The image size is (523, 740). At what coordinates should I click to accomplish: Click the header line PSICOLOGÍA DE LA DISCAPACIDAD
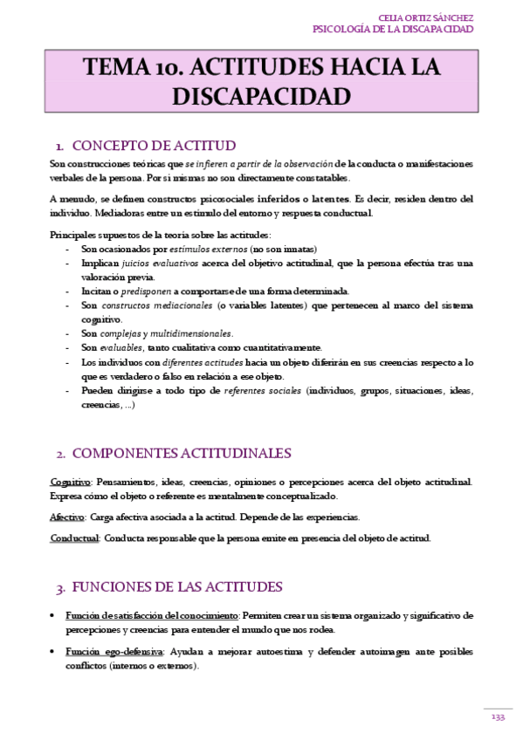(393, 29)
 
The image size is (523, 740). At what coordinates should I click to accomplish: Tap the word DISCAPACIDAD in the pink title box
(262, 95)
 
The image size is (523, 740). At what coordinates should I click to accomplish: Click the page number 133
(499, 716)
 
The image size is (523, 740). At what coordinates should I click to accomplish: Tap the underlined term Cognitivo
(71, 482)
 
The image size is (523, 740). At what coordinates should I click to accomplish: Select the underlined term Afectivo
(67, 517)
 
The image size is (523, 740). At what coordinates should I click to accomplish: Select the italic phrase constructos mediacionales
(156, 305)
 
